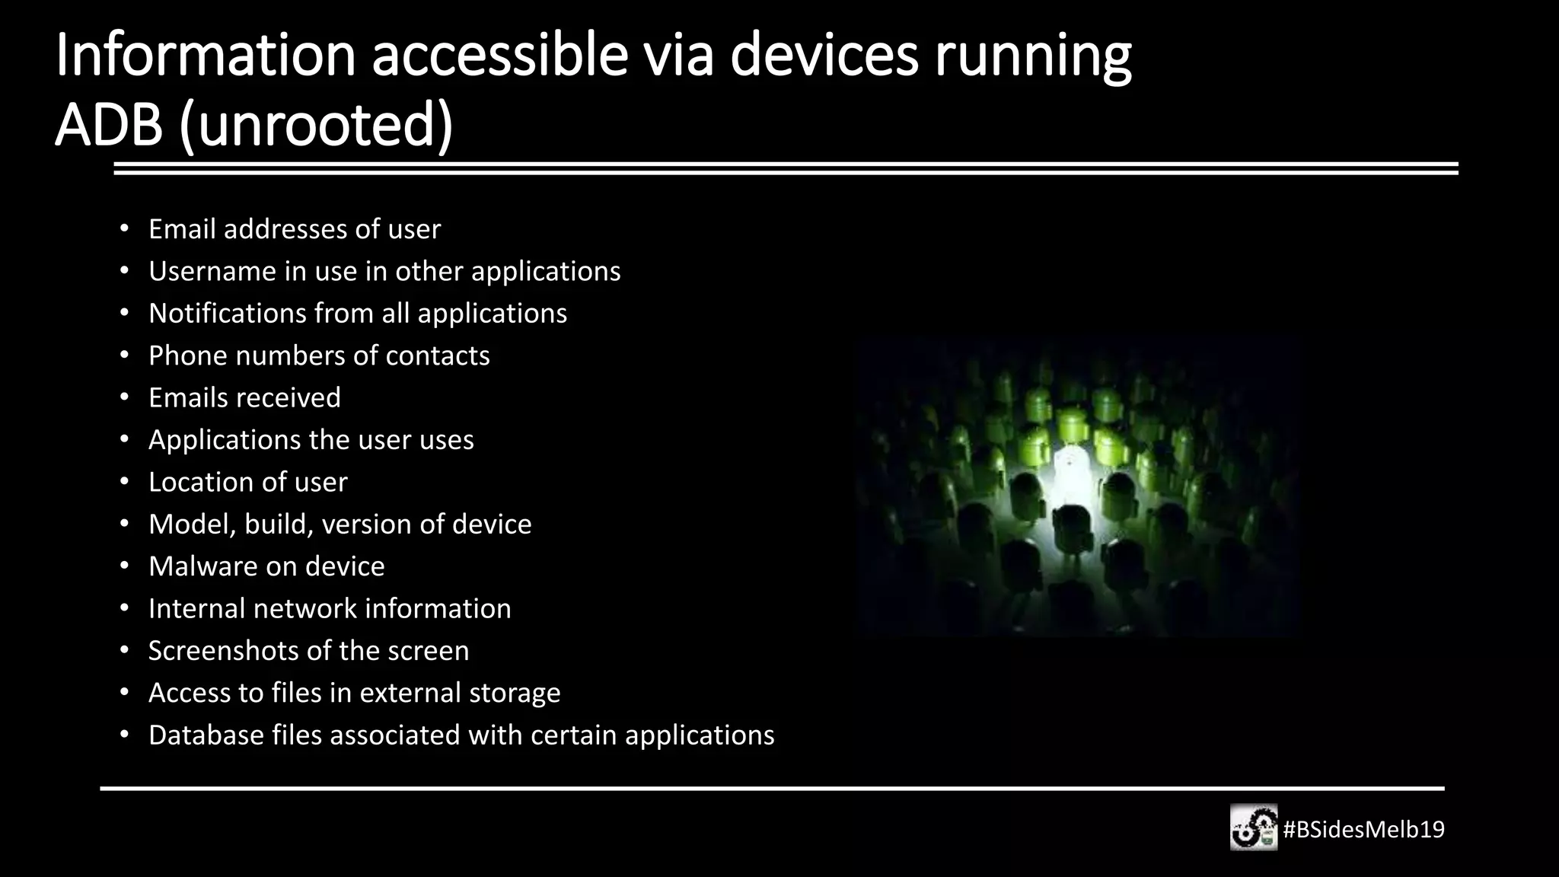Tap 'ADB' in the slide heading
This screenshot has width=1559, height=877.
click(109, 125)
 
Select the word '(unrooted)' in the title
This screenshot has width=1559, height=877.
click(316, 126)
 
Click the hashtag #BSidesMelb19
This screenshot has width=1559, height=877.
click(1363, 829)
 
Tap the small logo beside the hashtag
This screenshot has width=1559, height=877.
click(1253, 828)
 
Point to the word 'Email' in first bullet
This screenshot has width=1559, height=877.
click(182, 228)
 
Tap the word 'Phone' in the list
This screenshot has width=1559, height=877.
click(187, 356)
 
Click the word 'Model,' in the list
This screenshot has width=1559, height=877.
click(192, 525)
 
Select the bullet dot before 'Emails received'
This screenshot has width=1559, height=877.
click(124, 398)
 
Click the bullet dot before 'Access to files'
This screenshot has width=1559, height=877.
click(124, 693)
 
